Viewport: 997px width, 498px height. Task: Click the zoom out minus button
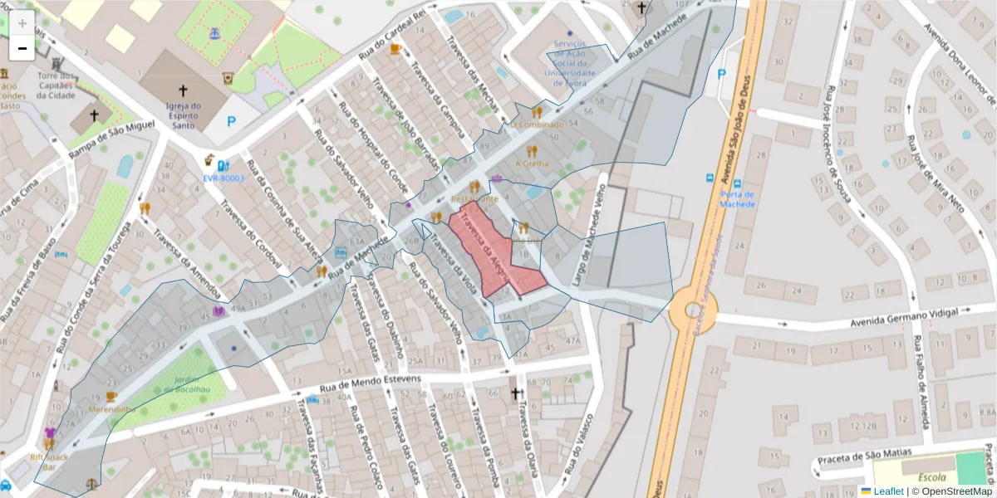click(22, 48)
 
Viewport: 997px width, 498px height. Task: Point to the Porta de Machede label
click(737, 199)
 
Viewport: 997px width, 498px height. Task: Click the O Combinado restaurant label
click(537, 124)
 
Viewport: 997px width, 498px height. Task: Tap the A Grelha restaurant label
click(533, 164)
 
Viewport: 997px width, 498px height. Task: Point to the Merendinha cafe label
click(111, 409)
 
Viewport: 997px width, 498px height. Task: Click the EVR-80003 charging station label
click(223, 178)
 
